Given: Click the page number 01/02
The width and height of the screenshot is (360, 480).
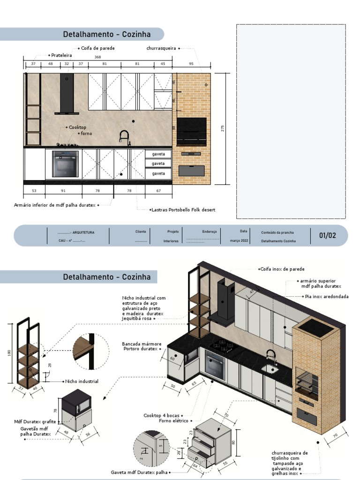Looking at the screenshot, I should click(328, 235).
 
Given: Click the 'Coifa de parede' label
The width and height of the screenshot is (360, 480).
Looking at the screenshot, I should click(98, 48).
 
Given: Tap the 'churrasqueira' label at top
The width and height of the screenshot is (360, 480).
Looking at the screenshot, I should click(161, 48).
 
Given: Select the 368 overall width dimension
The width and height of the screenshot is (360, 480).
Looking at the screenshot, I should click(97, 57).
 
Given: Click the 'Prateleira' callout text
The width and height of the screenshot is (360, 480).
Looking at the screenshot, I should click(61, 55).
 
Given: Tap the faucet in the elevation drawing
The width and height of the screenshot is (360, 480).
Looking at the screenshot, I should click(124, 138).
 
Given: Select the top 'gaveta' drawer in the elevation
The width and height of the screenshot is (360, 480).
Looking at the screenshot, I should click(158, 154).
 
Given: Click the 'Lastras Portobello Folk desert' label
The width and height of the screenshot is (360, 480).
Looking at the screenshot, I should click(183, 210).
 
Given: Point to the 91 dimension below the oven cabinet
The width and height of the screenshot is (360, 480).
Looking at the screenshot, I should click(63, 191).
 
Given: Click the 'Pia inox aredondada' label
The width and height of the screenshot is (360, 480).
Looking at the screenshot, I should click(327, 297).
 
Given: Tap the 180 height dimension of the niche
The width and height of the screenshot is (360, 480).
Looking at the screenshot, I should click(9, 352).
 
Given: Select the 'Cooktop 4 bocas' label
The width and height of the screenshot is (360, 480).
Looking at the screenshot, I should click(161, 415).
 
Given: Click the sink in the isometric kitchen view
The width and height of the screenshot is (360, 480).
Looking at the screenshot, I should click(270, 369).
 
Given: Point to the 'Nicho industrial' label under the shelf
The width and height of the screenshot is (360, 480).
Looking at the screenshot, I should click(82, 382).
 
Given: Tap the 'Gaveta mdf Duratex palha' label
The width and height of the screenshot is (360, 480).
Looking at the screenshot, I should click(139, 472).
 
